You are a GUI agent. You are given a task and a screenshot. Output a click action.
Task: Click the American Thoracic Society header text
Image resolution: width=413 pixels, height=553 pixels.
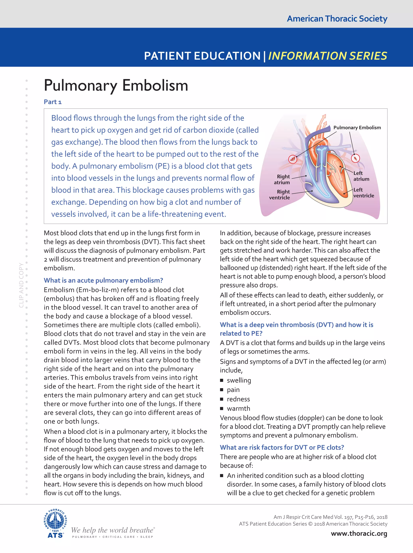(x=337, y=19)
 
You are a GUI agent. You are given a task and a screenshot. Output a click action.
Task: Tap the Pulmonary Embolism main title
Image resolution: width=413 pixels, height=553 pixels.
(x=116, y=86)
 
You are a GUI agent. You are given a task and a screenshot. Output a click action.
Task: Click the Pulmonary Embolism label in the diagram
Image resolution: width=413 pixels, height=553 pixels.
(x=357, y=128)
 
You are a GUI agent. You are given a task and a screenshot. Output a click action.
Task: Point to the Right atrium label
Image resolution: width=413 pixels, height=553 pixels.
(x=282, y=179)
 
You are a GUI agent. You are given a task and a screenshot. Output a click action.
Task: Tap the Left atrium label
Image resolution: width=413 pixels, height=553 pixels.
(x=361, y=176)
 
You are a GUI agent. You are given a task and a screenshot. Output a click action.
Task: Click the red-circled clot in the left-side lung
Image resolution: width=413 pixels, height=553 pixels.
(x=293, y=159)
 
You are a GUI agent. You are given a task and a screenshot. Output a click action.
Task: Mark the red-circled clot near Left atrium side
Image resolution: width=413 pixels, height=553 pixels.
(x=355, y=158)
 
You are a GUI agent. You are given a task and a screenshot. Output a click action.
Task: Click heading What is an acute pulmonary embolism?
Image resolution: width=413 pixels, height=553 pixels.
(x=103, y=280)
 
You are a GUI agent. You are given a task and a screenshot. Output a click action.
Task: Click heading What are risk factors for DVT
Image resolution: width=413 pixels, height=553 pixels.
(x=282, y=447)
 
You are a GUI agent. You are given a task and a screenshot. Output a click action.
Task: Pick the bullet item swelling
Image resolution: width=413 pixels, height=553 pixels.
(x=239, y=380)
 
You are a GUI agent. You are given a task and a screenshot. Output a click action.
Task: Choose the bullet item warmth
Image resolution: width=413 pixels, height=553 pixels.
(x=238, y=408)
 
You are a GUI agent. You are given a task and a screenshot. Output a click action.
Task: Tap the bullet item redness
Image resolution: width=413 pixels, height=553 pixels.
(x=238, y=399)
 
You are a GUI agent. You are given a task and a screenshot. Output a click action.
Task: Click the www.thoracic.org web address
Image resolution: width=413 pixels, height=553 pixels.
(x=359, y=533)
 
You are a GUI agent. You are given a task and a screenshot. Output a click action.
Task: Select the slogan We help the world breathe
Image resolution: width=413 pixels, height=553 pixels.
(x=113, y=530)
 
